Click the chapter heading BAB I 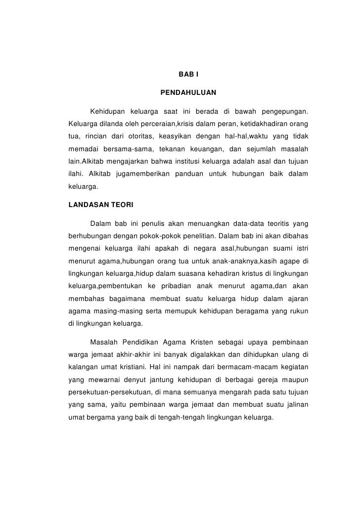tap(188, 75)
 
